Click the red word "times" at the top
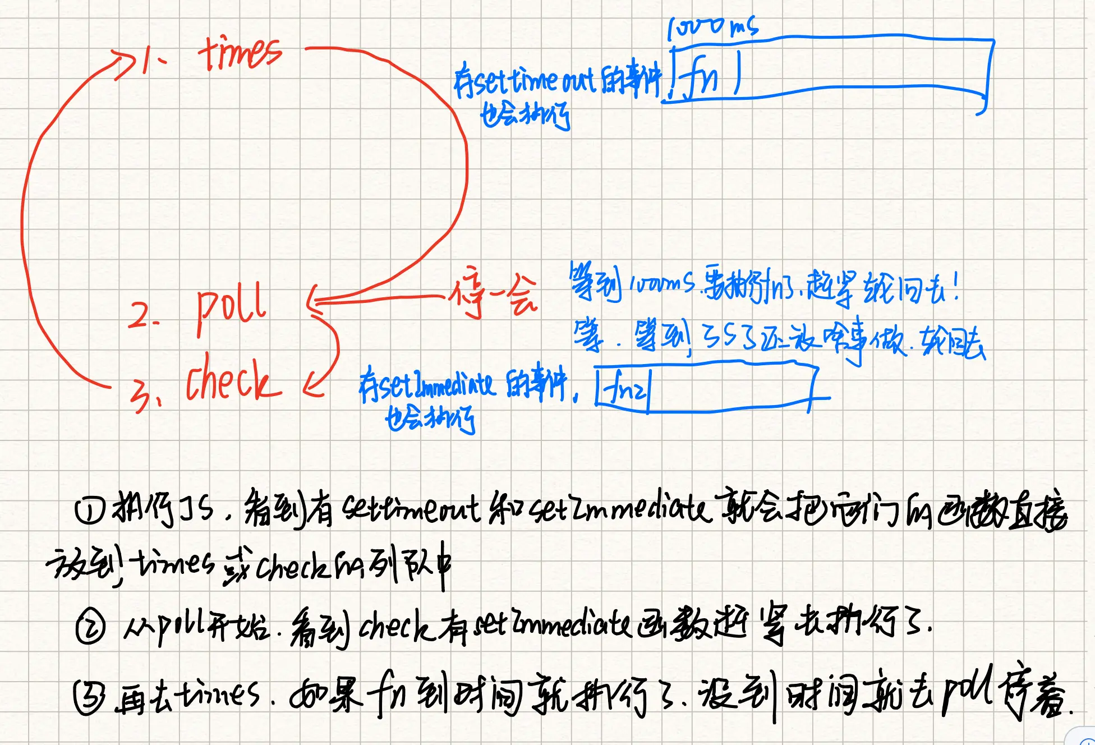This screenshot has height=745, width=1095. point(240,54)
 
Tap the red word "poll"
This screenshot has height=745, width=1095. point(231,307)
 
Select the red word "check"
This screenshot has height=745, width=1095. point(232,379)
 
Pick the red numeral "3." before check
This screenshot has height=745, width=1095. point(144,394)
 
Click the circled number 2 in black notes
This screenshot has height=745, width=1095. point(90,628)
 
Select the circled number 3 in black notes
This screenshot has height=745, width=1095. point(89,697)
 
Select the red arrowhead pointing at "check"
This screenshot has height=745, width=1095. point(312,385)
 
